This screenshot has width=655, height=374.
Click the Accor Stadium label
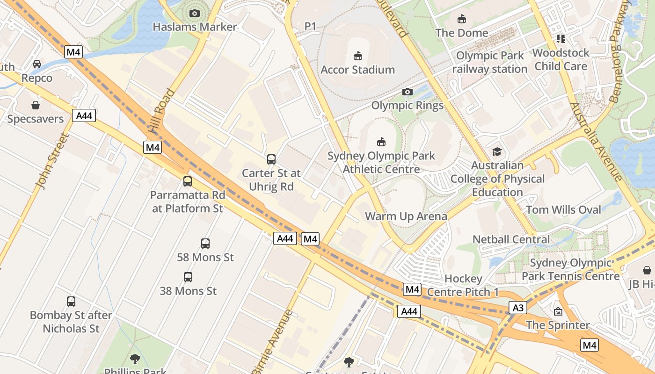(358, 70)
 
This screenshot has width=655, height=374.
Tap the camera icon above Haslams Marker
(195, 13)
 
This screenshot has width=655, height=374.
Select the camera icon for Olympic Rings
(408, 92)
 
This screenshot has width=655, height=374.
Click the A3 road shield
(518, 308)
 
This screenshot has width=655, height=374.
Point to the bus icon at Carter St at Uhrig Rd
(271, 159)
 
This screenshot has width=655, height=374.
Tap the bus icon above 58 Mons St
(205, 243)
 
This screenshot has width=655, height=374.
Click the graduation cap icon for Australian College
(497, 152)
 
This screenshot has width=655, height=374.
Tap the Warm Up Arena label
(406, 216)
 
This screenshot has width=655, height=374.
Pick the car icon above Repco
(37, 64)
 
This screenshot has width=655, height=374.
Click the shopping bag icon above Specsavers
(36, 105)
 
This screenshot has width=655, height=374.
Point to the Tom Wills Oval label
(563, 210)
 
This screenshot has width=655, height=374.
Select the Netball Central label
(511, 239)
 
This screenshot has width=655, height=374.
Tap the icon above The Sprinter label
(558, 311)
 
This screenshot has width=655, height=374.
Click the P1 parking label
(311, 26)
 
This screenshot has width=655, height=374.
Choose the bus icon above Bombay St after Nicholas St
(71, 302)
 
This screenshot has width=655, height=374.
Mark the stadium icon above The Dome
(462, 19)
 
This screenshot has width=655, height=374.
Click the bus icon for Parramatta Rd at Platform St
(188, 181)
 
